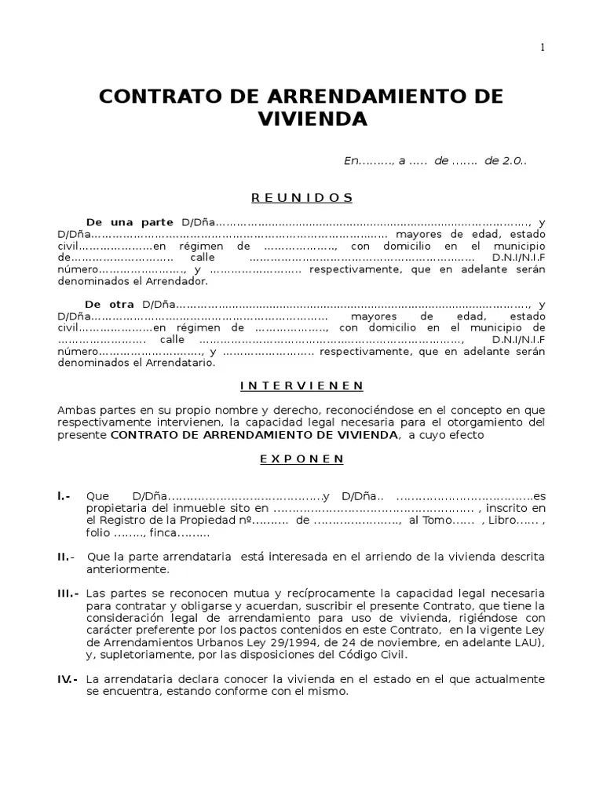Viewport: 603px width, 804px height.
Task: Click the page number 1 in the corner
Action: pos(542,47)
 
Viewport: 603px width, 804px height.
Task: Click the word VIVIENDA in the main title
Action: pos(312,119)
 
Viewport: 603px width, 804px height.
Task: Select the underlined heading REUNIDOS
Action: pos(301,197)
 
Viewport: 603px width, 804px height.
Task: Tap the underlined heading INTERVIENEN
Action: pos(301,386)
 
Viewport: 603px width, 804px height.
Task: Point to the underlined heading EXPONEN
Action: pos(301,459)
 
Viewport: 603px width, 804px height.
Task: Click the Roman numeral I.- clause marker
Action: pos(64,496)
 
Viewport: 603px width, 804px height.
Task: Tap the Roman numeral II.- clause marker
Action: pos(65,557)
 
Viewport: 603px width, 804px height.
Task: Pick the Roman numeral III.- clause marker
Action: pos(68,593)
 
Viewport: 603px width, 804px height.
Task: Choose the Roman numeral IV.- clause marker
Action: pos(67,679)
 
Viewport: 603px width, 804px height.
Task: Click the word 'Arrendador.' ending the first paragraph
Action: pos(182,281)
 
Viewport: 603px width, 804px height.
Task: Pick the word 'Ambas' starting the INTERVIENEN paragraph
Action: pos(74,411)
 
